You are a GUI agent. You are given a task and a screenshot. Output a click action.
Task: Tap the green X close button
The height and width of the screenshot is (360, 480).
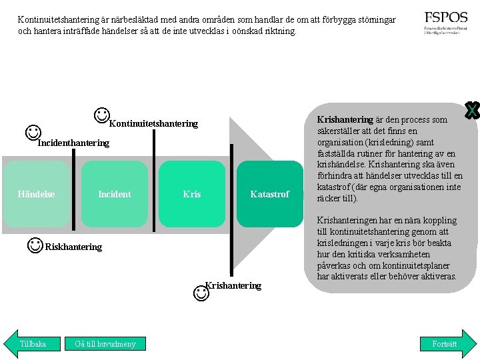[472, 111]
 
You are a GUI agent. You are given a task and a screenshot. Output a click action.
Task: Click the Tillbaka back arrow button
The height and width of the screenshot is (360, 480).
[31, 344]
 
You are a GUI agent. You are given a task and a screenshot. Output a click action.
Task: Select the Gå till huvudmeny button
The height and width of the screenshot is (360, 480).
[105, 344]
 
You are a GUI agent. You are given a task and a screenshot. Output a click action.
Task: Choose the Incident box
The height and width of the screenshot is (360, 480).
[115, 194]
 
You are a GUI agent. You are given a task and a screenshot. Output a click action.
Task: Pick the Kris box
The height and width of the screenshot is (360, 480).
[192, 194]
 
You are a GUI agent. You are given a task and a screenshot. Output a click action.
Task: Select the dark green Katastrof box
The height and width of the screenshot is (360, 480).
[269, 194]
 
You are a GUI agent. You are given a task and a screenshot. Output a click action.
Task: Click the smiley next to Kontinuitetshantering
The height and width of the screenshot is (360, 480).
[102, 115]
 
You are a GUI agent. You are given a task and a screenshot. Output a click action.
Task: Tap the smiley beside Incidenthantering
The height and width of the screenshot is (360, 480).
[33, 132]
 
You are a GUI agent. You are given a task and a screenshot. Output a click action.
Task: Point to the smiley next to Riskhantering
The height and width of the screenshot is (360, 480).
[36, 245]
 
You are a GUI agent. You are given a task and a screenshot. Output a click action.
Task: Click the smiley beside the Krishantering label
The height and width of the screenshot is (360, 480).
[200, 292]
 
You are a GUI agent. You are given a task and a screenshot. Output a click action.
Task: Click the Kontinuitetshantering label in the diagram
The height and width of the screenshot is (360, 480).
[153, 123]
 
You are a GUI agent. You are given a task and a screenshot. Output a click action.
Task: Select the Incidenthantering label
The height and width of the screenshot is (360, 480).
[73, 143]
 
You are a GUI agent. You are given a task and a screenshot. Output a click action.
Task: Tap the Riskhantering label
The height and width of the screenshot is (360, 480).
[73, 247]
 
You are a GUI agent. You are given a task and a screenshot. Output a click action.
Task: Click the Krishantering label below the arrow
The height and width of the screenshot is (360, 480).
[233, 285]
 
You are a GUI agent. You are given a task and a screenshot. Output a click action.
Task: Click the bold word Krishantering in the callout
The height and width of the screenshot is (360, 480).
[345, 120]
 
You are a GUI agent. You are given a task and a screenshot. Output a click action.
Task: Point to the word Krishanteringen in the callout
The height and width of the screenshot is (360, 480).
[349, 220]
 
